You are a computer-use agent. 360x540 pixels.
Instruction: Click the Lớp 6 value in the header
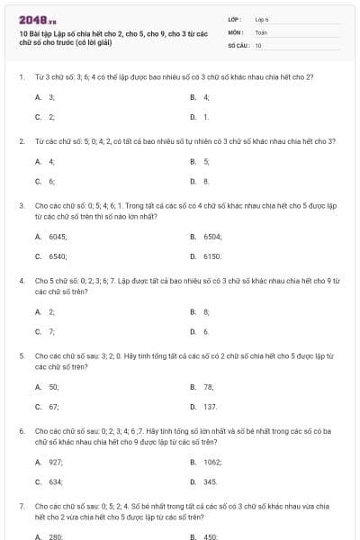pos(262,19)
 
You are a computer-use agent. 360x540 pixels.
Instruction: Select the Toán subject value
pos(262,31)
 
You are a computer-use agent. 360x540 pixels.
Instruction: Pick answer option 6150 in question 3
pos(212,256)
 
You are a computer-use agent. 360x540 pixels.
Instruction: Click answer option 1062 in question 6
pos(212,462)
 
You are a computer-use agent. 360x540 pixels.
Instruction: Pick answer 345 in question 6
pos(211,481)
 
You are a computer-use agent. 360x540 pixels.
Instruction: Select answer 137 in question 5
pos(211,406)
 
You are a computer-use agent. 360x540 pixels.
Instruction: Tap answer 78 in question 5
pos(209,386)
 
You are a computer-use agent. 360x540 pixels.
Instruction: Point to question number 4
pos(21,281)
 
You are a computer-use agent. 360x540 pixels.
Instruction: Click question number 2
pos(21,141)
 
